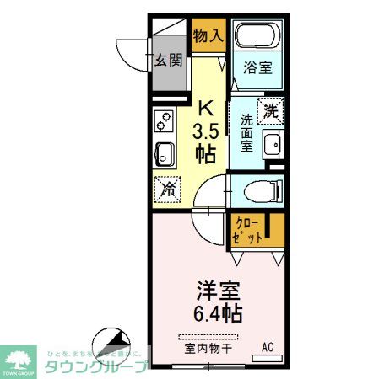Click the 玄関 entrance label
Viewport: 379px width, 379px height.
pyautogui.click(x=169, y=60)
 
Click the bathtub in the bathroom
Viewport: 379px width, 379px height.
pyautogui.click(x=258, y=36)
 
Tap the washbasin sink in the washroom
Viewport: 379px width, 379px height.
pyautogui.click(x=272, y=145)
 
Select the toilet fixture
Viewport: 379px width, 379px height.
pyautogui.click(x=257, y=190)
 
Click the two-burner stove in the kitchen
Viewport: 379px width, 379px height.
pyautogui.click(x=163, y=124)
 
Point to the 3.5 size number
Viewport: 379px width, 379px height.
pyautogui.click(x=205, y=131)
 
